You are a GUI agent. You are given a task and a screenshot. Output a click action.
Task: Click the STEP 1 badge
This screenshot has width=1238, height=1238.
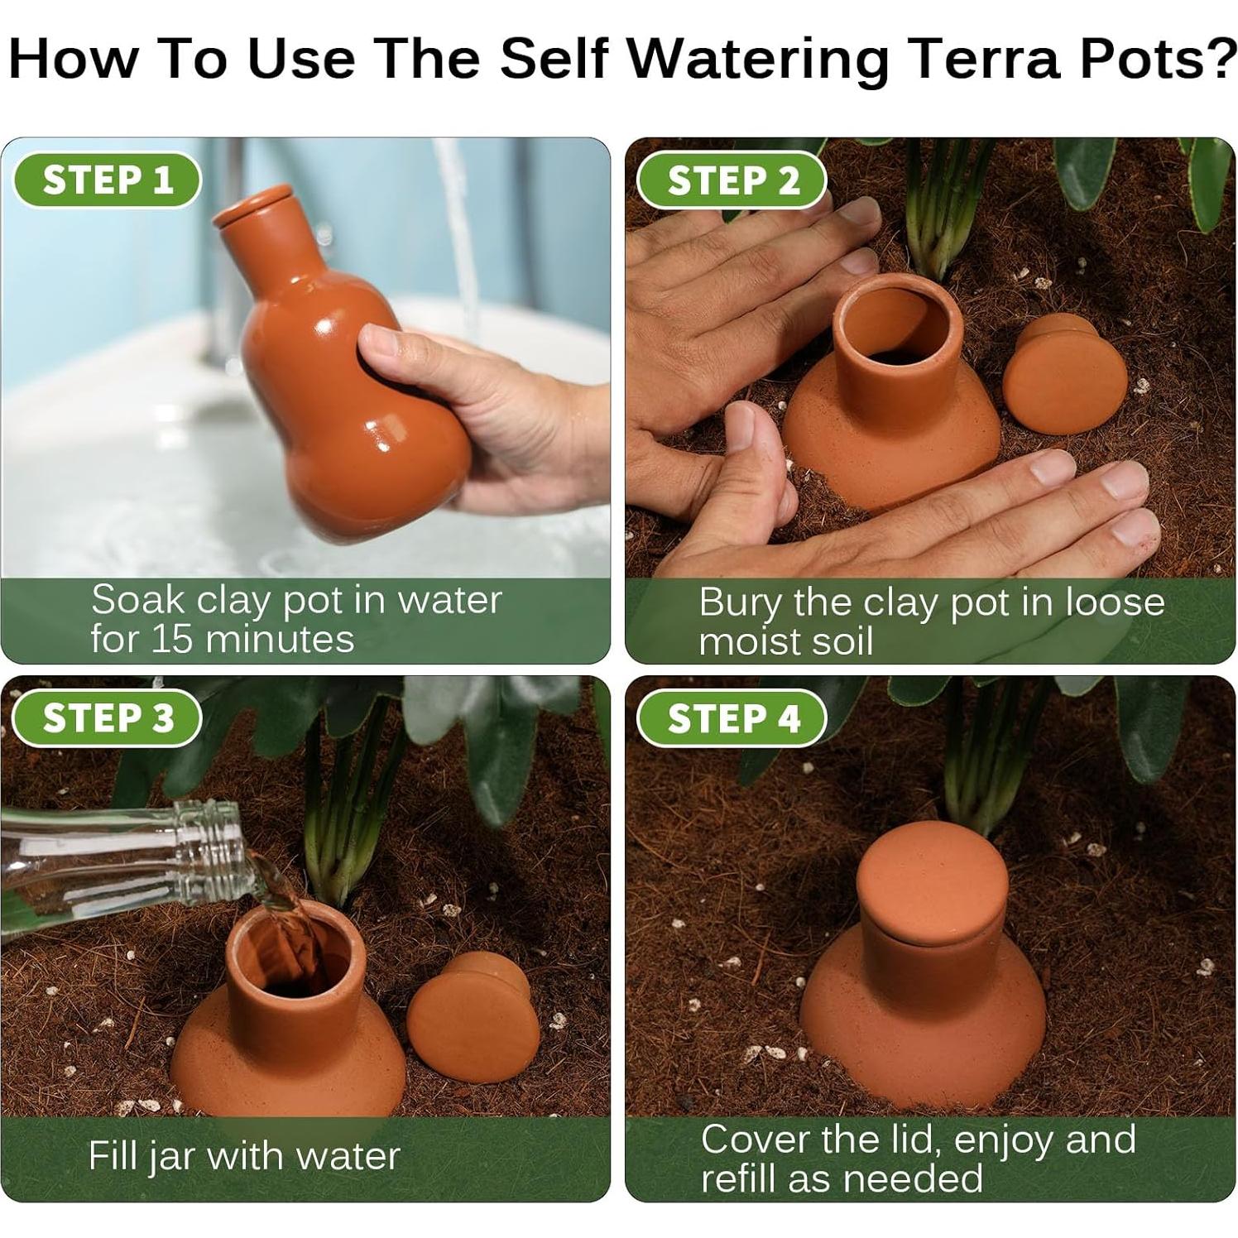[x=108, y=180]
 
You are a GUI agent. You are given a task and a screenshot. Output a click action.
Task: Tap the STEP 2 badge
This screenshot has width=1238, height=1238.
[x=732, y=180]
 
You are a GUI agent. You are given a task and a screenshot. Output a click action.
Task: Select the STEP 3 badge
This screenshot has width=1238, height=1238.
[x=108, y=717]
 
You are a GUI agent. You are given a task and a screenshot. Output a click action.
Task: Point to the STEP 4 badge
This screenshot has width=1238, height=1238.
[x=732, y=717]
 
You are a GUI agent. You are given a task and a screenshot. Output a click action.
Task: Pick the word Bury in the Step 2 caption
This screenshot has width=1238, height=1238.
[x=739, y=604]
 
